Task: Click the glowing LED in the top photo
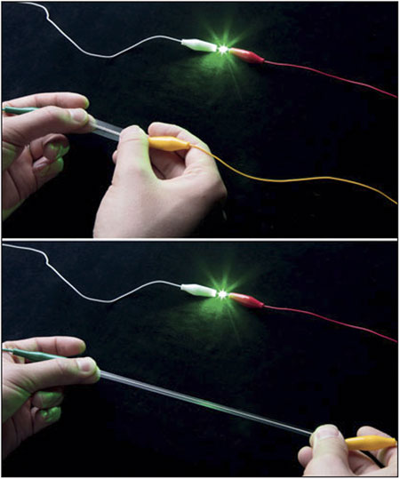[x=220, y=47]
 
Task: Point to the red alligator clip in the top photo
[x=246, y=55]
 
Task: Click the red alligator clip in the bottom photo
[x=246, y=300]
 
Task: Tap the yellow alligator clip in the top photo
[x=169, y=142]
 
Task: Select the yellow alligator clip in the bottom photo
[x=369, y=442]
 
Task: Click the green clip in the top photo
[x=18, y=110]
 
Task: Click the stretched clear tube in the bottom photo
[x=204, y=401]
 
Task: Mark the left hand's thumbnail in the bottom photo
[x=84, y=363]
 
